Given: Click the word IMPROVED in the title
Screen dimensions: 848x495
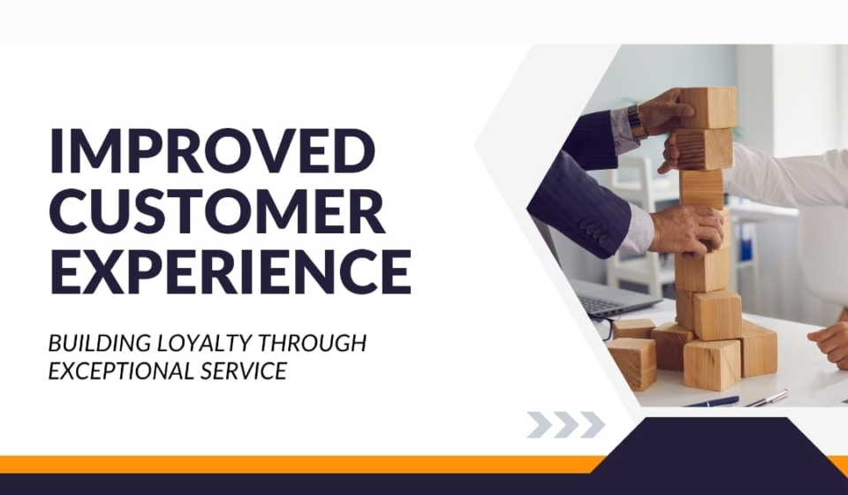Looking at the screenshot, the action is pyautogui.click(x=212, y=150).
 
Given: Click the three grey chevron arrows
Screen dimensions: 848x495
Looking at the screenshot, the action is pyautogui.click(x=565, y=424).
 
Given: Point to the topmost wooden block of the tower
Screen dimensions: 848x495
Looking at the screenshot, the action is pyautogui.click(x=708, y=108).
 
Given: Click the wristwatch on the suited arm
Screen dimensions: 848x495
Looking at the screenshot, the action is pyautogui.click(x=637, y=122).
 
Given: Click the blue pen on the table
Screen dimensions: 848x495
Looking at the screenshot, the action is pyautogui.click(x=711, y=402).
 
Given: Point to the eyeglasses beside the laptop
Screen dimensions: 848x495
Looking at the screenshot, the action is pyautogui.click(x=603, y=328).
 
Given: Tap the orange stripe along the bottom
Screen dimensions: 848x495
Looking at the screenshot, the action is pyautogui.click(x=303, y=464).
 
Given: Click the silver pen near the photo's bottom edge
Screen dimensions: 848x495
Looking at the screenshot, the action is pyautogui.click(x=767, y=398).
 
